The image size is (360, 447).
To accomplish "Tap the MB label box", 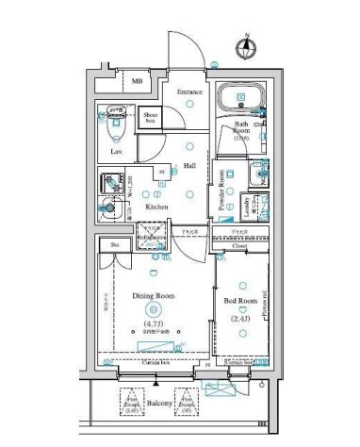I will (x=138, y=83).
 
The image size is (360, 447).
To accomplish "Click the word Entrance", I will (x=190, y=92).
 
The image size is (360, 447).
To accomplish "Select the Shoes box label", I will (x=151, y=117).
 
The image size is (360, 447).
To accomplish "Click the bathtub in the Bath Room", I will (x=241, y=100).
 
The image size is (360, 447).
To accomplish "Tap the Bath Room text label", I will (x=241, y=130).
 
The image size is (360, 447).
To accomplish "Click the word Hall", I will (x=189, y=166).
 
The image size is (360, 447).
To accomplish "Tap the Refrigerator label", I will (x=151, y=239).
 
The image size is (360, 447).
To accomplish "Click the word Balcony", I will (x=160, y=404).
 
